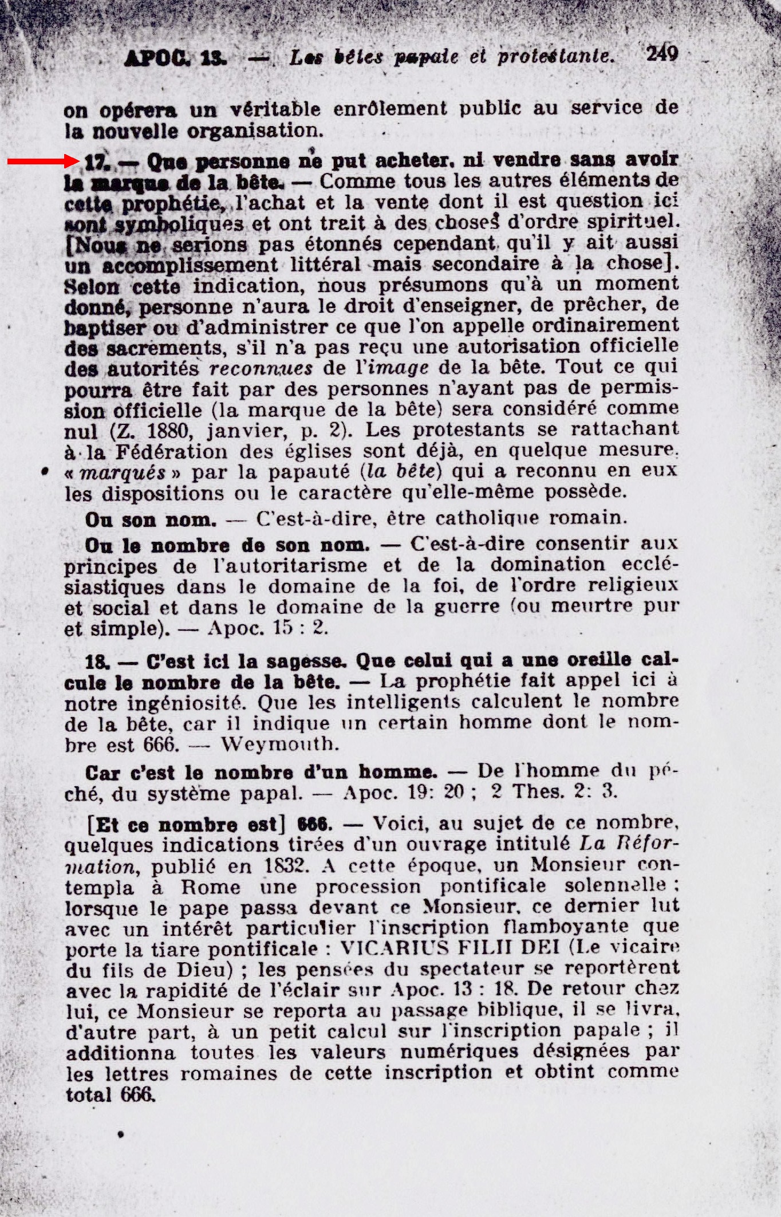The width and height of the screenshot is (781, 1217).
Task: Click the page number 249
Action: pyautogui.click(x=662, y=54)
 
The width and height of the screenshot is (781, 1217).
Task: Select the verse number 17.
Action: pyautogui.click(x=96, y=163)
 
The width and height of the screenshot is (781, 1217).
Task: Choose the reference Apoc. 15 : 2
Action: pyautogui.click(x=268, y=628)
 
